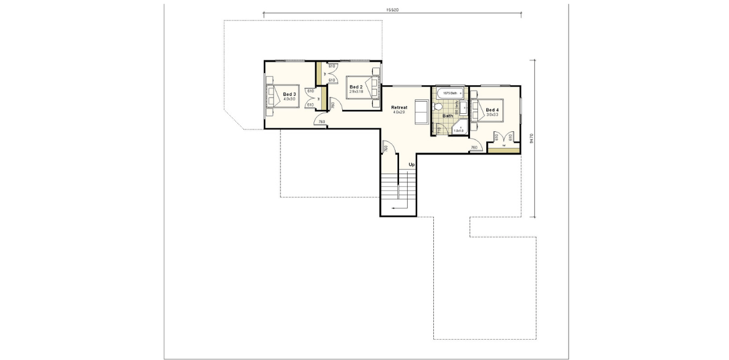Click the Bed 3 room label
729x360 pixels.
[289, 94]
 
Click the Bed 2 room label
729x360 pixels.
[356, 87]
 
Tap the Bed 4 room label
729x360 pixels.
[492, 110]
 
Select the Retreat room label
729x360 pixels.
[399, 107]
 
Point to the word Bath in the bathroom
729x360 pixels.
[448, 116]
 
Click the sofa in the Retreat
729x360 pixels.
[421, 112]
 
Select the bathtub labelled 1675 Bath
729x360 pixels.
[450, 93]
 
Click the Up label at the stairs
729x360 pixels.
[411, 164]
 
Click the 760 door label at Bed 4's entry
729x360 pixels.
[474, 147]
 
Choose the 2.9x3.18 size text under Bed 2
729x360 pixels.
[356, 92]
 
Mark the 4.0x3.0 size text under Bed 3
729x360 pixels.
[289, 99]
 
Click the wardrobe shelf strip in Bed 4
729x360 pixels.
[495, 150]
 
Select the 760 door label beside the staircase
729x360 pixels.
[386, 149]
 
